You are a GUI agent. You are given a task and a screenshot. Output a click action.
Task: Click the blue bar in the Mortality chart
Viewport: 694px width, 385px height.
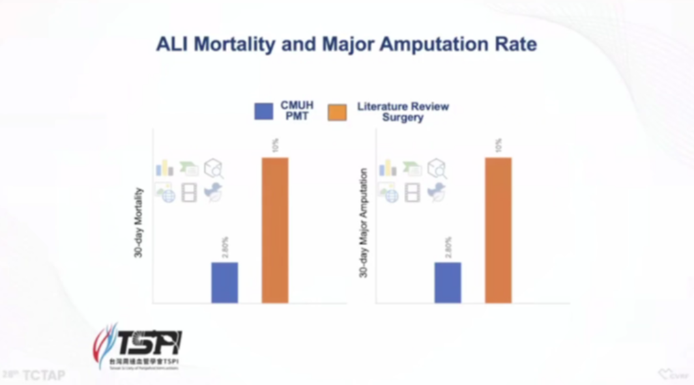coord(225,282)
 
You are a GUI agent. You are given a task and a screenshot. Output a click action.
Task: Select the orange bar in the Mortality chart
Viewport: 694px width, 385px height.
coord(275,230)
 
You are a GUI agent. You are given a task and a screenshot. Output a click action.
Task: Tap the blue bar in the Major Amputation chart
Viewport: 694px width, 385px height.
coord(448,282)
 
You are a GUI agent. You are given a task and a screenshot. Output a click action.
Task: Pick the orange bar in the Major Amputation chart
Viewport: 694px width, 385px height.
coord(499,230)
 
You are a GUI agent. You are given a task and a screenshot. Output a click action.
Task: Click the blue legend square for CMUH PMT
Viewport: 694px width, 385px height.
coord(264,111)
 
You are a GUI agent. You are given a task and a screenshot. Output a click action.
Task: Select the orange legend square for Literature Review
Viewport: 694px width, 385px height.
coord(338,111)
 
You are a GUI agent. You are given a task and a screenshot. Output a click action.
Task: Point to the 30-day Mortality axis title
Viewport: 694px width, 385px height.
coord(139,223)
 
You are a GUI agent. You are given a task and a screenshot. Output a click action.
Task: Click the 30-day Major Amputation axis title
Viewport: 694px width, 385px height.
coord(364,223)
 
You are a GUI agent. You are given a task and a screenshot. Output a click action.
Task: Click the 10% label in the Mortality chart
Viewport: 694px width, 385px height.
coord(275,145)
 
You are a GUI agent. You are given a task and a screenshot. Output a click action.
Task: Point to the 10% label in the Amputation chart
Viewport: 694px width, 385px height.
coord(499,145)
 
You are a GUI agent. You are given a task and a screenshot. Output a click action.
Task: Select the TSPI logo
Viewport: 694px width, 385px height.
coord(138,345)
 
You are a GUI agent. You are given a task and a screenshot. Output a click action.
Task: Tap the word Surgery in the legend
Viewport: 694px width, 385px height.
coord(403,118)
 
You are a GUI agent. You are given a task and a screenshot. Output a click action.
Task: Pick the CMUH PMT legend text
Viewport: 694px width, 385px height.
coord(295,111)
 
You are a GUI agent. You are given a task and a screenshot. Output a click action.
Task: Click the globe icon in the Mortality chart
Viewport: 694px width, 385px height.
coord(167,194)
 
